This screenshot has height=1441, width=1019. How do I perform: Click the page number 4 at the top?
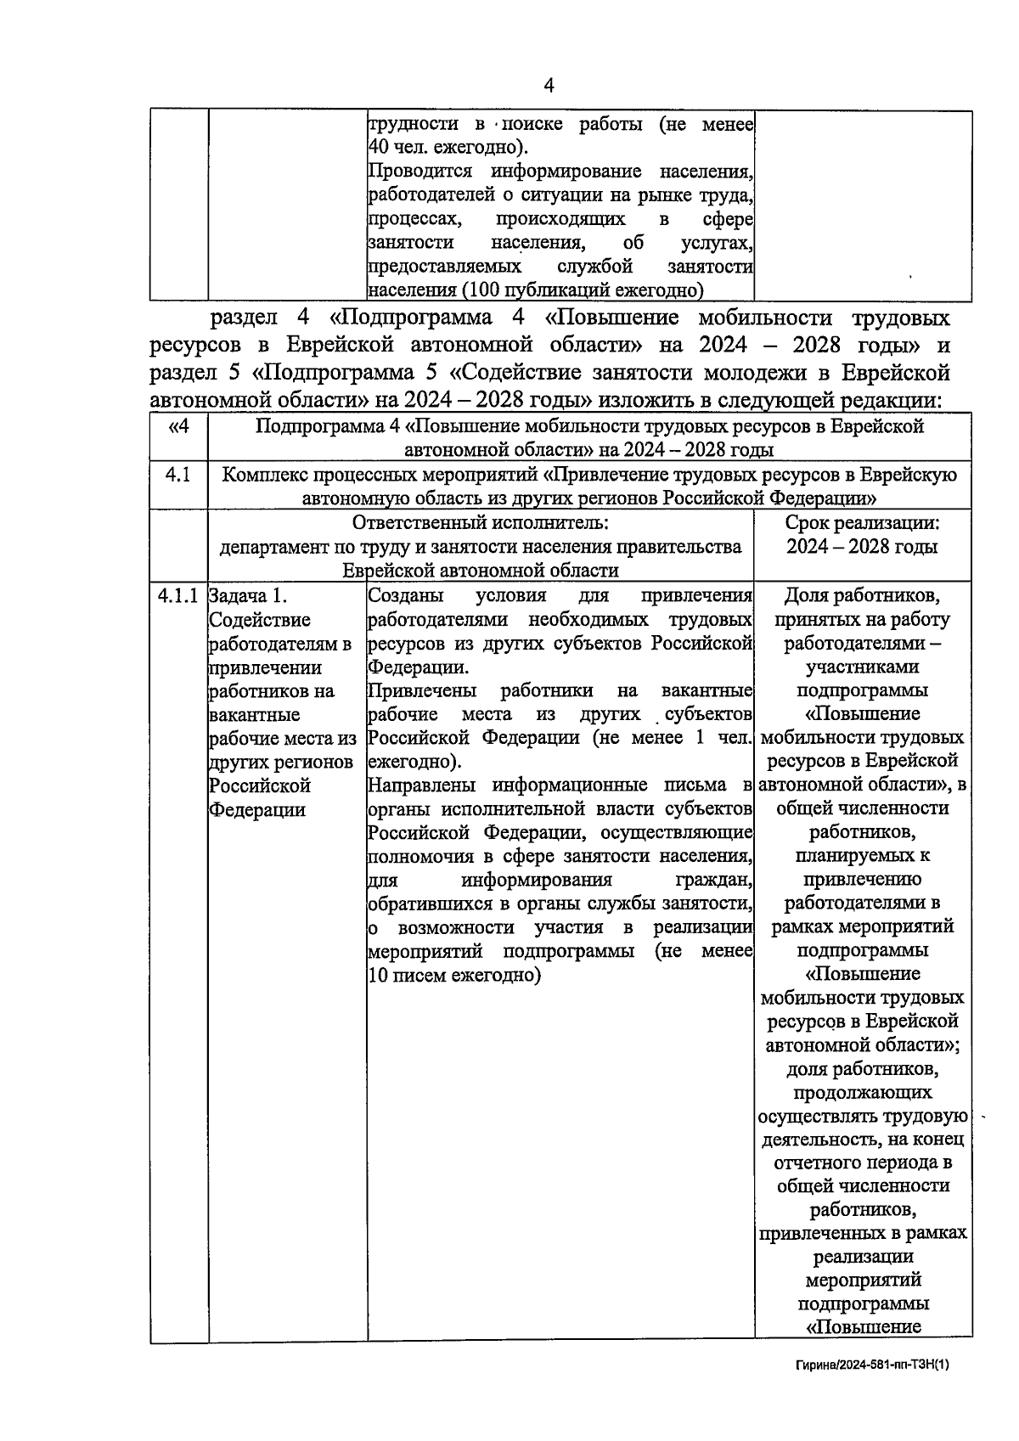[549, 85]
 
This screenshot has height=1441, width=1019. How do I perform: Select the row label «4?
[178, 426]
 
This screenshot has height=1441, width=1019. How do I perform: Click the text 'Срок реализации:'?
[862, 523]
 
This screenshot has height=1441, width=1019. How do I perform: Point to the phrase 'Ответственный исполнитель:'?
[481, 523]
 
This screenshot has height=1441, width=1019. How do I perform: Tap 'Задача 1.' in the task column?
[248, 595]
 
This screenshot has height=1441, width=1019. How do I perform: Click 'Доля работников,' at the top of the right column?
[862, 595]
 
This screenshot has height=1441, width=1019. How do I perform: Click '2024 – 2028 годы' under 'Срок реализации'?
[862, 547]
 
